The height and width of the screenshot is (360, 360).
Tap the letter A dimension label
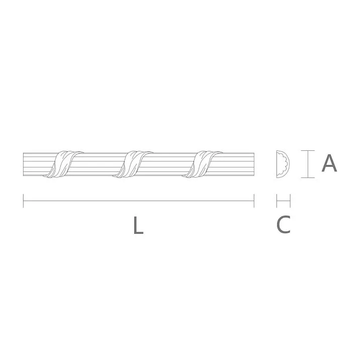[329, 164]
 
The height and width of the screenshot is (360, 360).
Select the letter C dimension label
[284, 225]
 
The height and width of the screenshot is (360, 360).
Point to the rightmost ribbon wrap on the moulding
[204, 163]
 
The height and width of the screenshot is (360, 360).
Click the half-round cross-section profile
[281, 164]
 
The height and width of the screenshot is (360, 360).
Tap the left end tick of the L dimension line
[24, 201]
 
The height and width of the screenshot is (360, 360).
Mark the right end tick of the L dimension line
[254, 201]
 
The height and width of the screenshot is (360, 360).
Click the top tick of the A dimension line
[307, 150]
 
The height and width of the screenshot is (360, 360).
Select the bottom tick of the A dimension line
[307, 177]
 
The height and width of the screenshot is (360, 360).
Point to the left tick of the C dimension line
[277, 201]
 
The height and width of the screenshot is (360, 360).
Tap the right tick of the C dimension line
[291, 201]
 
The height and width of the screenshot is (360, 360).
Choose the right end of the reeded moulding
[252, 163]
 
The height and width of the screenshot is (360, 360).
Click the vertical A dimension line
[307, 164]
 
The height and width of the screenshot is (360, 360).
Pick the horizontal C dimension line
[284, 201]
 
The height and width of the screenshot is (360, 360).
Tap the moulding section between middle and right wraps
[169, 163]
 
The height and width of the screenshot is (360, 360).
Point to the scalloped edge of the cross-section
[286, 164]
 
